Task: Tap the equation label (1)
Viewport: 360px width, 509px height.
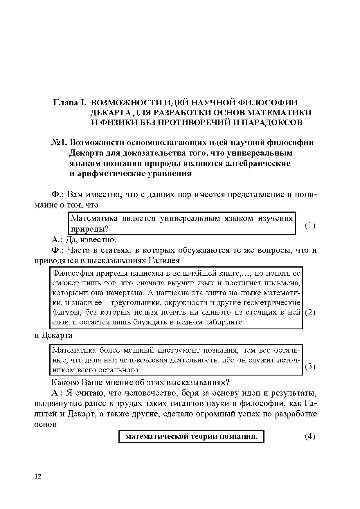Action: coord(310,225)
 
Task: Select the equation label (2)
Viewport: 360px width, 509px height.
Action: coord(310,312)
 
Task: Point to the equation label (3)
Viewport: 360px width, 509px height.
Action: coord(310,366)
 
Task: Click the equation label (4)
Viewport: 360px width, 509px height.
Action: coord(310,436)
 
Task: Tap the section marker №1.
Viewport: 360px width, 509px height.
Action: coord(60,142)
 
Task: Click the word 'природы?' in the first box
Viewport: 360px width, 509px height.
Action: coord(90,229)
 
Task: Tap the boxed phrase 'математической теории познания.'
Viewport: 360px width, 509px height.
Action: coord(191,436)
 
